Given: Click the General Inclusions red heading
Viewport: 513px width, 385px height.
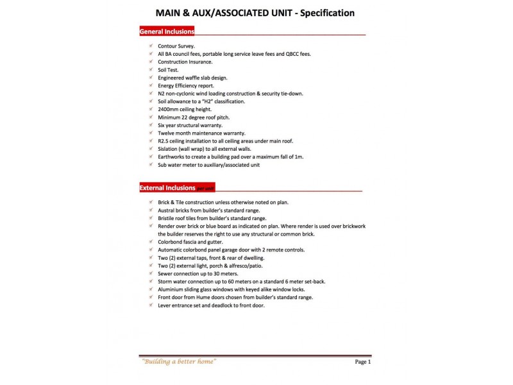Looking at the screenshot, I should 167,31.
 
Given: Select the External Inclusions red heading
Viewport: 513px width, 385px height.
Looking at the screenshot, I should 167,188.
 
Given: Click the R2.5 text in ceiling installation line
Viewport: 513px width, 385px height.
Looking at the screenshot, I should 164,141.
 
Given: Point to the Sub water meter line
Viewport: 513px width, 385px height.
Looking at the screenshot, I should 208,164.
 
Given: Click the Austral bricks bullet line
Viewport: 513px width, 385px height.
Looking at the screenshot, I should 208,210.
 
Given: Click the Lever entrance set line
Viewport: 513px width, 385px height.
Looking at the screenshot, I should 211,305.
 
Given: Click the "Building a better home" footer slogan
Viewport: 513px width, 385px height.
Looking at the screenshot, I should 178,362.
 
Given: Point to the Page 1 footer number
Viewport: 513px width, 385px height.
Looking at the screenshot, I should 362,362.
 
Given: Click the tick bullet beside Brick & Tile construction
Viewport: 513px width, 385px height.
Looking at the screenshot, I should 150,202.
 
